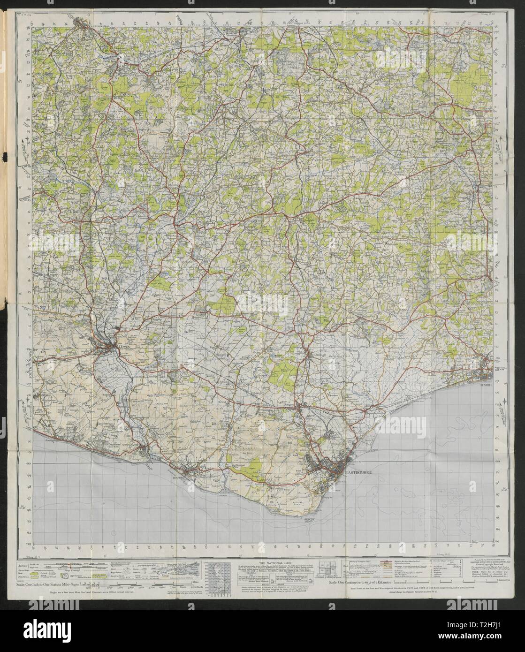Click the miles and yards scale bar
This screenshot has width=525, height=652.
pyautogui.click(x=141, y=584)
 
